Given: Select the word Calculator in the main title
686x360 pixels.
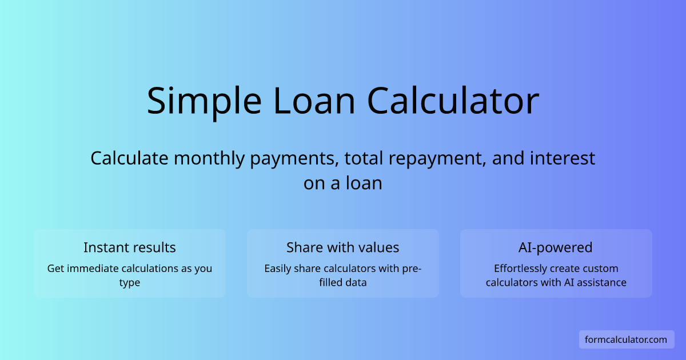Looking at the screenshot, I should pyautogui.click(x=453, y=101).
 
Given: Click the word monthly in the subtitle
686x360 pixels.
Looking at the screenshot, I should pyautogui.click(x=209, y=158).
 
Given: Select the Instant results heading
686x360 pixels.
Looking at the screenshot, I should pyautogui.click(x=130, y=247).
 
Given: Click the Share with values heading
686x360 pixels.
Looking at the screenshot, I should pyautogui.click(x=343, y=247).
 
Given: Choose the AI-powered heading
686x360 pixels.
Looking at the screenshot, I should pyautogui.click(x=556, y=247).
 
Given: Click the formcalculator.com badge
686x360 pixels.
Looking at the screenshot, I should pyautogui.click(x=626, y=339).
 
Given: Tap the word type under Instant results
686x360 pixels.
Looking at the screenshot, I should pyautogui.click(x=130, y=283).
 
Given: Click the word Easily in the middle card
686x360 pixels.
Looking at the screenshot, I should pyautogui.click(x=278, y=269).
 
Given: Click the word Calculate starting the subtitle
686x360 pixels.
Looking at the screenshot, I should pyautogui.click(x=130, y=158).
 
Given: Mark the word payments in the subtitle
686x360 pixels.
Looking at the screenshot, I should pyautogui.click(x=295, y=158).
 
